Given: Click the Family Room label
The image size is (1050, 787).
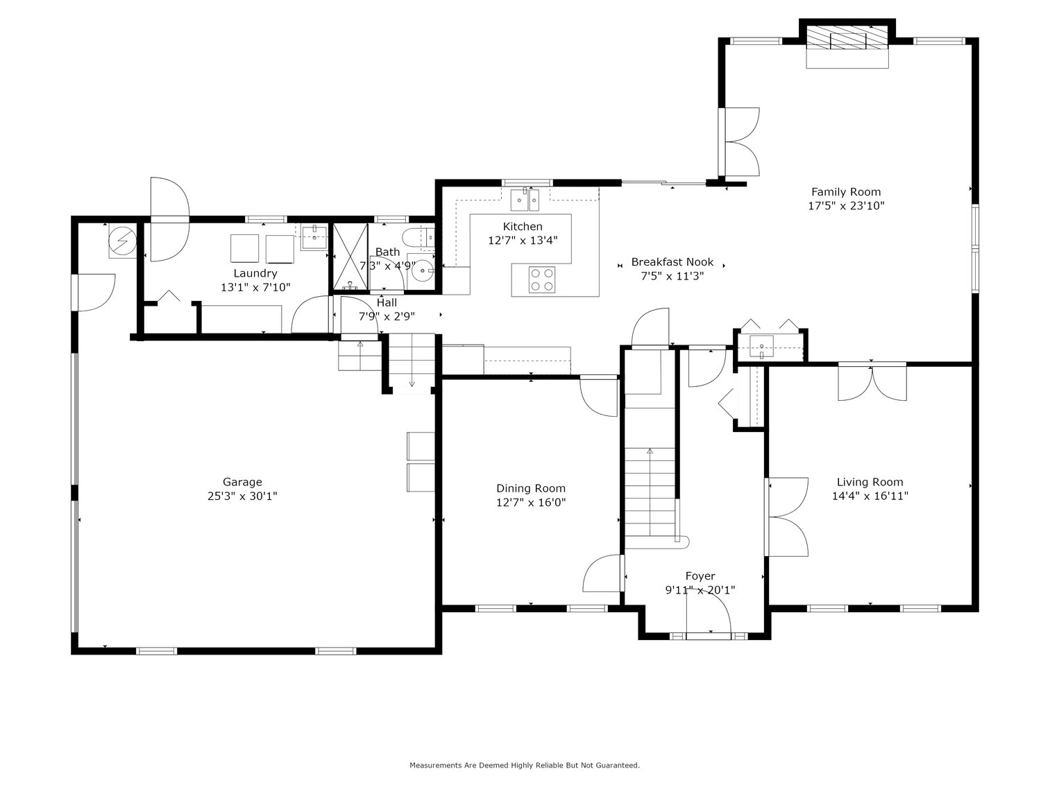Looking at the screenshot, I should (846, 192).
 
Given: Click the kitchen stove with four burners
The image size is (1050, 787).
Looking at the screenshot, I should (542, 279).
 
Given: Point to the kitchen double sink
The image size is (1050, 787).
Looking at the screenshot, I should (525, 200).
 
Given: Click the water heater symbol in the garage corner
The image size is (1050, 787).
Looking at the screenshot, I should (123, 241).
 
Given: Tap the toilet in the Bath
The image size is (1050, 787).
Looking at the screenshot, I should (417, 238).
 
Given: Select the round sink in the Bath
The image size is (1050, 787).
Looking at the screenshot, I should (422, 271).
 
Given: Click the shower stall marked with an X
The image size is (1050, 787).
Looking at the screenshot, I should (350, 257).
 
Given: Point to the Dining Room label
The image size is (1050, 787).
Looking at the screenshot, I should (530, 488).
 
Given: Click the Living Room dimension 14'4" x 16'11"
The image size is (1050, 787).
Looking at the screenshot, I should (870, 496).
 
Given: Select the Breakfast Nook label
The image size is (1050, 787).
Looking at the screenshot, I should (672, 262).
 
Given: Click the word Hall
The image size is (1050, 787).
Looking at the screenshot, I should (387, 302).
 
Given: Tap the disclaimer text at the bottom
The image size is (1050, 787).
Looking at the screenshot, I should (524, 766).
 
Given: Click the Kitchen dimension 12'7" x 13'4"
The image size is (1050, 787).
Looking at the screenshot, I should (523, 240).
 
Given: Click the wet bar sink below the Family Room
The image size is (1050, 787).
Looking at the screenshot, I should (763, 345).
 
